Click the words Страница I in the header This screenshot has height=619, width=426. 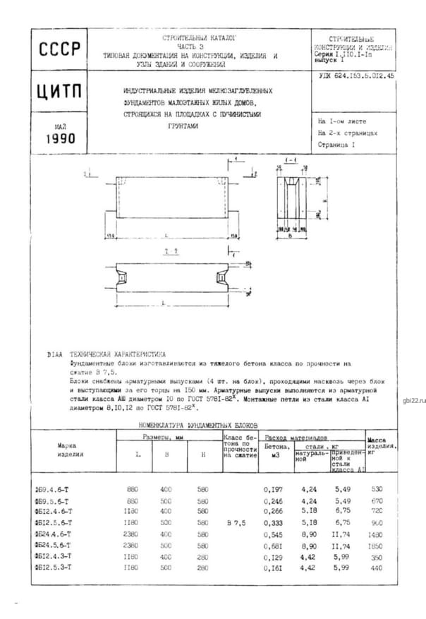(x=337, y=144)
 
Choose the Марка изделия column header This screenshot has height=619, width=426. (x=71, y=450)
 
